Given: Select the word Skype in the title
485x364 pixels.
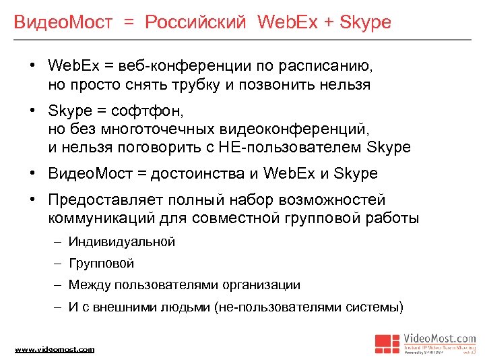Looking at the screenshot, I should (x=365, y=22).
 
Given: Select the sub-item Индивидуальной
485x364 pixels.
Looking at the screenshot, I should (x=121, y=241).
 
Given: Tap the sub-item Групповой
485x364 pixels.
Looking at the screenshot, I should (x=101, y=263).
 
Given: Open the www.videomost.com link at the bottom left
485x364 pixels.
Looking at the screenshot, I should (x=55, y=349).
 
